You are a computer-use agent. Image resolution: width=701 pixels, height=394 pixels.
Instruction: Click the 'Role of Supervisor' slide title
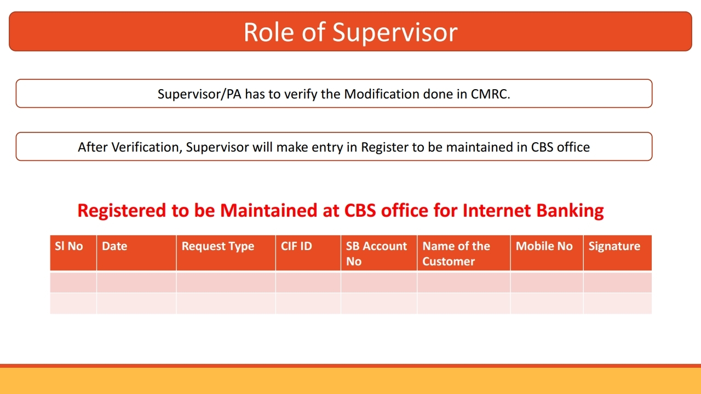[350, 32]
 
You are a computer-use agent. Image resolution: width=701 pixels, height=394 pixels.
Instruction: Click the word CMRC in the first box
[490, 94]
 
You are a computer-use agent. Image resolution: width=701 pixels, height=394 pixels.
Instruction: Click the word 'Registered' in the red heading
[122, 211]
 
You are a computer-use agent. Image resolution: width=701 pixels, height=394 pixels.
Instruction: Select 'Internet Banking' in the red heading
[533, 211]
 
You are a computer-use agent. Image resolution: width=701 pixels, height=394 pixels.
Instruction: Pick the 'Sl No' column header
[69, 246]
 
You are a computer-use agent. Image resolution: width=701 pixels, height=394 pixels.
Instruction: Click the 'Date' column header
[114, 246]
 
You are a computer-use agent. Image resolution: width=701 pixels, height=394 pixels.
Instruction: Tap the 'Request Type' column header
[218, 246]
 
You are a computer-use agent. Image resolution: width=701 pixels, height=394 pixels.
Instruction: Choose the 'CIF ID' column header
[296, 246]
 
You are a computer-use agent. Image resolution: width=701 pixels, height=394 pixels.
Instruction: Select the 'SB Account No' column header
[376, 253]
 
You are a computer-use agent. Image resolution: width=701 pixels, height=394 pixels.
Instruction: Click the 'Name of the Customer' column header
[456, 253]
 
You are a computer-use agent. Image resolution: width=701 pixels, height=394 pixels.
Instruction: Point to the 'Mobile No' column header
[544, 246]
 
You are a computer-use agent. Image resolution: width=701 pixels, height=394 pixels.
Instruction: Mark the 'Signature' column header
[614, 246]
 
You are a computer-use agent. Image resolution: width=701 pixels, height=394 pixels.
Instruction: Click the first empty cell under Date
[136, 282]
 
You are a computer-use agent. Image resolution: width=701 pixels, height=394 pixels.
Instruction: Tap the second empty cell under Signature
[617, 303]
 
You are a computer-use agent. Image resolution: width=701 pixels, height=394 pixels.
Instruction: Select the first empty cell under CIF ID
[308, 282]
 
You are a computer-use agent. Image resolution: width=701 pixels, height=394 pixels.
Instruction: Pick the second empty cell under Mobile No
[547, 303]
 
